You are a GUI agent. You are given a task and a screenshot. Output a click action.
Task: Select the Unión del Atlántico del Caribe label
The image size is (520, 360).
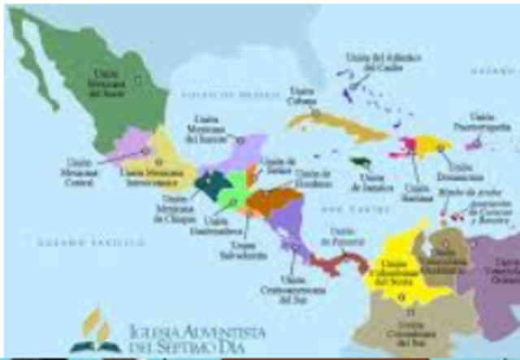click(368, 62)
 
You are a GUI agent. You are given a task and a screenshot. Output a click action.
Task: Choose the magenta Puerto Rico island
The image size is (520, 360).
click(473, 144)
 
